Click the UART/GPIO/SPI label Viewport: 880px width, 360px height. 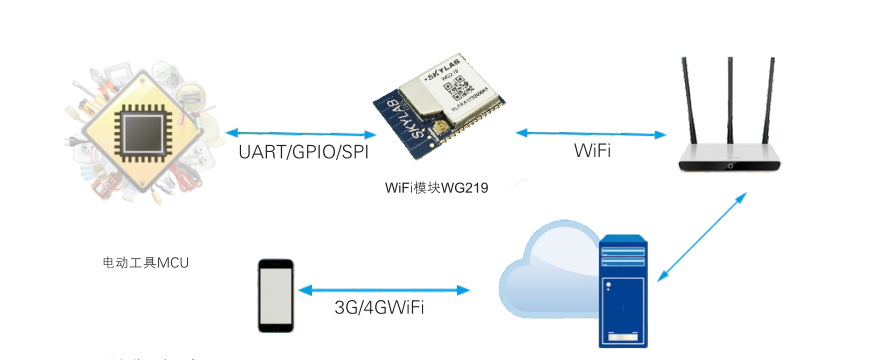(304, 153)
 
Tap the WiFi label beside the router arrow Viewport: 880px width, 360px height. (593, 151)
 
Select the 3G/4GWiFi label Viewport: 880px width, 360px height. (379, 308)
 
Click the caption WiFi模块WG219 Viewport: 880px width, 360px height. (436, 187)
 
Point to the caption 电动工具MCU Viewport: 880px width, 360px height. (146, 262)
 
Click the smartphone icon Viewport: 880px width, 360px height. (276, 295)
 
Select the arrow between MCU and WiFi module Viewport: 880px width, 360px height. (300, 133)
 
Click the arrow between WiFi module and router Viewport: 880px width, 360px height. (591, 132)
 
